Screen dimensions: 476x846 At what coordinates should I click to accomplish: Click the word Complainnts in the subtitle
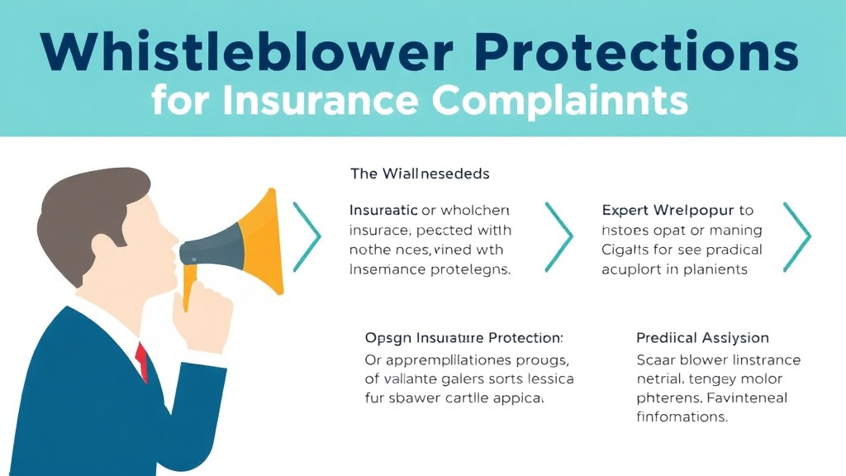(560, 102)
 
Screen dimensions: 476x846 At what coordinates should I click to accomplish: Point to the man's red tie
(142, 360)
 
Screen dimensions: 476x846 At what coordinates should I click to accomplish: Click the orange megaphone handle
(192, 289)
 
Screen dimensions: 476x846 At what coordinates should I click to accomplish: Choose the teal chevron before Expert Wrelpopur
(558, 236)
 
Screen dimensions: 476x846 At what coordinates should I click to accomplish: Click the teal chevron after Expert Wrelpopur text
(797, 236)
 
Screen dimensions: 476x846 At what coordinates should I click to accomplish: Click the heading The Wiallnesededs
(420, 174)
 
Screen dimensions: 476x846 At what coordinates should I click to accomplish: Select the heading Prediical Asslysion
(702, 338)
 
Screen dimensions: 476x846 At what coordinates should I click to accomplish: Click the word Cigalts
(626, 250)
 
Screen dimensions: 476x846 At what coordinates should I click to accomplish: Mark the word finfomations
(682, 417)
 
